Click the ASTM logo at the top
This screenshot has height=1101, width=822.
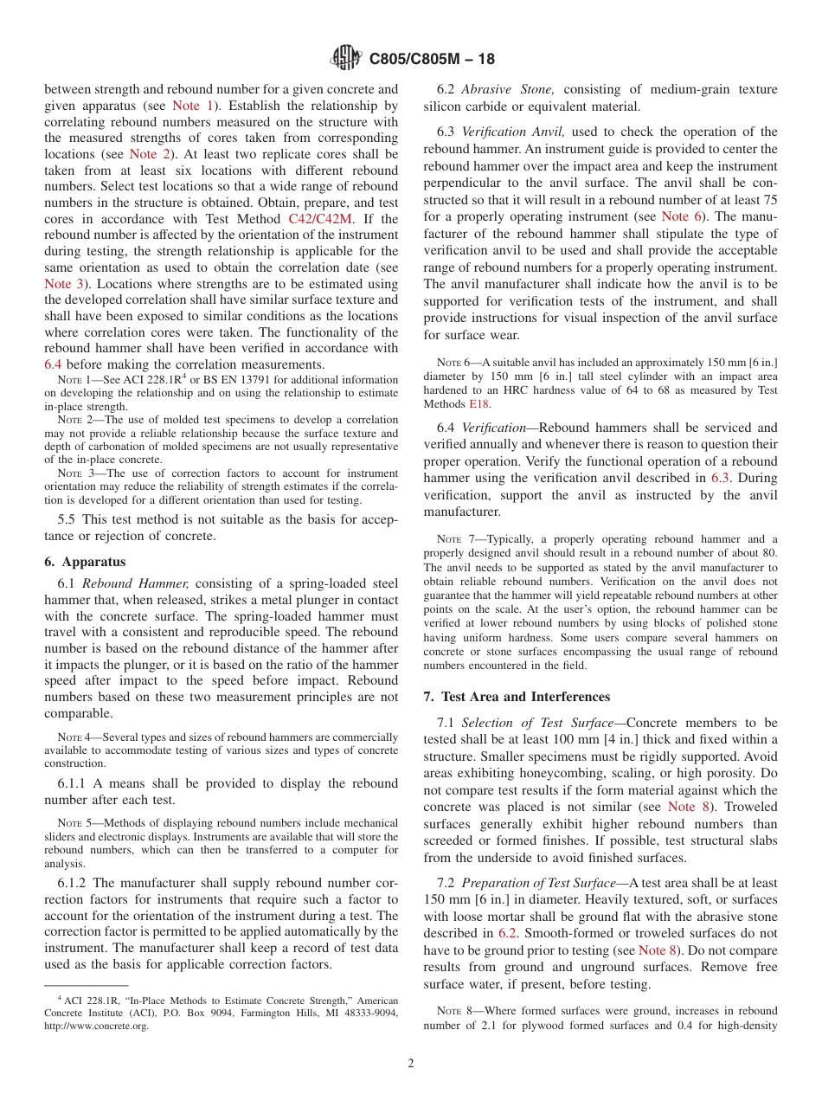(346, 59)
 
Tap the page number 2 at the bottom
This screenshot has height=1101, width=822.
(411, 1064)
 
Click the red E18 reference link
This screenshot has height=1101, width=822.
(478, 403)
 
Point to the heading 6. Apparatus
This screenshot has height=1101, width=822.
(85, 561)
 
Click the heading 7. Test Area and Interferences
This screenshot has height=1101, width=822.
(517, 697)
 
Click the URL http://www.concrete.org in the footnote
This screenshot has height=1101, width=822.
(97, 1026)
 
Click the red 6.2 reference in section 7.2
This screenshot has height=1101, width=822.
(508, 933)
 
